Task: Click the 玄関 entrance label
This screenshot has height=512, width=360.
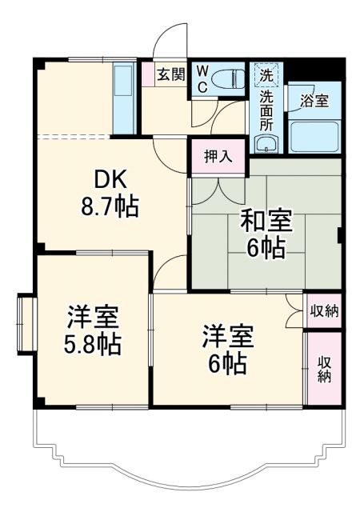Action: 170,74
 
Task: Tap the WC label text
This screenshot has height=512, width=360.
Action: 202,78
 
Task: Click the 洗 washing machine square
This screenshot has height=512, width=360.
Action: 265,74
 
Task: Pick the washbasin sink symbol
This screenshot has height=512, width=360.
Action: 265,144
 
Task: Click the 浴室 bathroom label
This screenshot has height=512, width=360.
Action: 314,102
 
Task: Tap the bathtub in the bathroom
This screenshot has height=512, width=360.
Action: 314,137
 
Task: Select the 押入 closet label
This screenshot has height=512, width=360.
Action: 218,156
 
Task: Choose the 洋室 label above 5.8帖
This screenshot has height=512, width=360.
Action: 94,317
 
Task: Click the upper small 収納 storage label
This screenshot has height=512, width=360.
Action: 324,310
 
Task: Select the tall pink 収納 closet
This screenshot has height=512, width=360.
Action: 324,368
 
